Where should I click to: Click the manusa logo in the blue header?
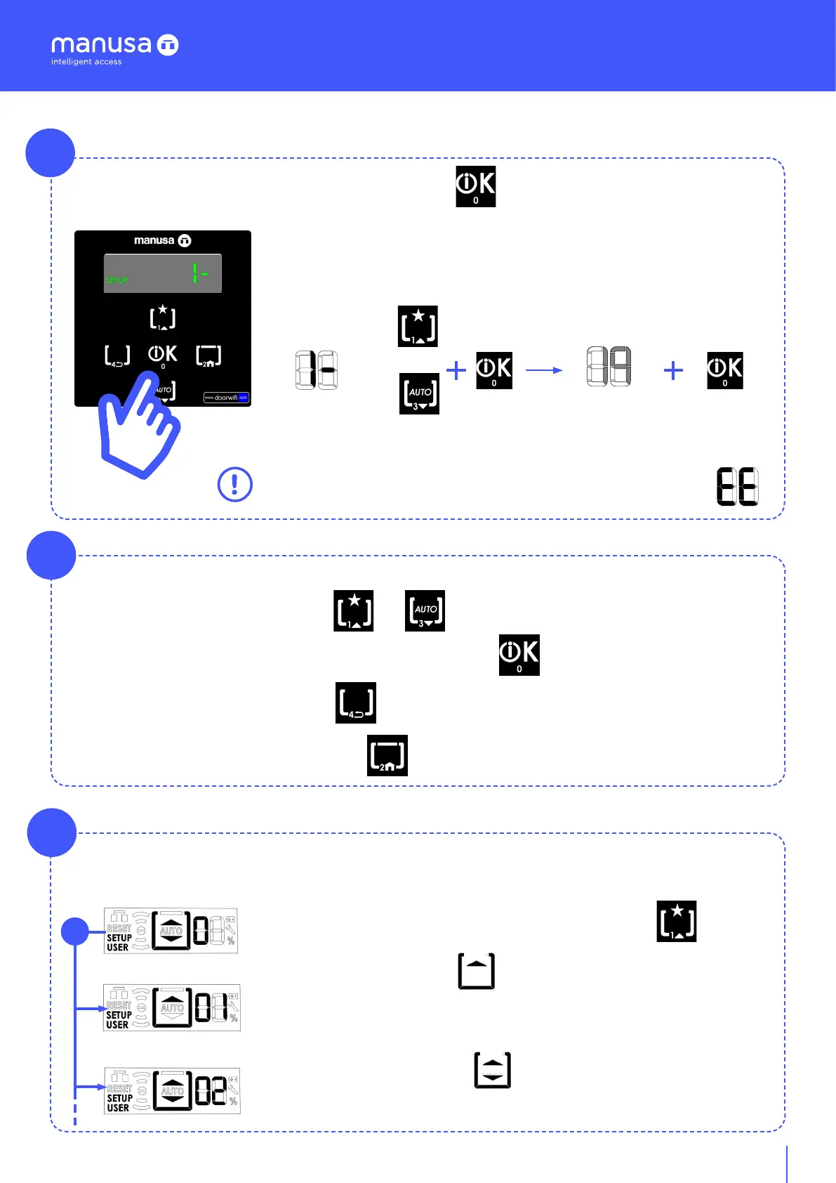click(x=114, y=45)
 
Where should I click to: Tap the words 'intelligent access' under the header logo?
click(x=86, y=62)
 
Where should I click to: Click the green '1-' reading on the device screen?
click(x=200, y=273)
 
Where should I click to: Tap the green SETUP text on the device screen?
click(x=117, y=280)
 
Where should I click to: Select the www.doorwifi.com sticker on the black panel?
click(x=226, y=398)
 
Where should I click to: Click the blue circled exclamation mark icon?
click(x=235, y=485)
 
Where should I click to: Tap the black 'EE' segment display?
click(x=737, y=486)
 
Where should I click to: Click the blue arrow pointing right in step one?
click(x=544, y=370)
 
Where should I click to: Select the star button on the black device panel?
click(x=163, y=318)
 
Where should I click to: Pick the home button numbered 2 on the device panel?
click(x=208, y=356)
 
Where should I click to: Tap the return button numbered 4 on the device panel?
click(x=117, y=356)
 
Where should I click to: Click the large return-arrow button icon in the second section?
click(x=356, y=702)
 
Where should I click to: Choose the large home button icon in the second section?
click(x=387, y=756)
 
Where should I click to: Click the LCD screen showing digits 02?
click(x=172, y=1091)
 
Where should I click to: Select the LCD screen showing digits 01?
click(x=172, y=1008)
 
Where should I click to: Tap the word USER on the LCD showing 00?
click(x=117, y=948)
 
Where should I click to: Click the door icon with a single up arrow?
click(x=477, y=971)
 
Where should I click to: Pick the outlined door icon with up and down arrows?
click(x=493, y=1070)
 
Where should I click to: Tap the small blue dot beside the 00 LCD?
click(x=74, y=932)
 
